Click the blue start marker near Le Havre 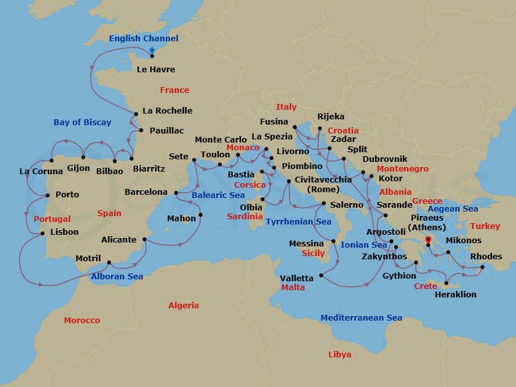(x=152, y=50)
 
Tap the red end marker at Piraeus (x=428, y=239)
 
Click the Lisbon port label (x=64, y=232)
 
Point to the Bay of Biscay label (x=83, y=123)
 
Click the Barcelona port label (x=146, y=192)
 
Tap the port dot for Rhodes (x=482, y=266)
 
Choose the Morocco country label (x=82, y=321)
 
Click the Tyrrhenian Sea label (x=298, y=222)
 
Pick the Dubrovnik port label (x=384, y=159)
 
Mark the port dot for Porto (x=48, y=195)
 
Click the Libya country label (x=340, y=355)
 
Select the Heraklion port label (x=455, y=294)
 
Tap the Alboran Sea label (x=117, y=277)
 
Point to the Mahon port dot (x=201, y=215)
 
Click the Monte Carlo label (x=221, y=140)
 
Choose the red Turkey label (x=485, y=226)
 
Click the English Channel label (x=138, y=39)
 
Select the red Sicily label (x=313, y=253)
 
